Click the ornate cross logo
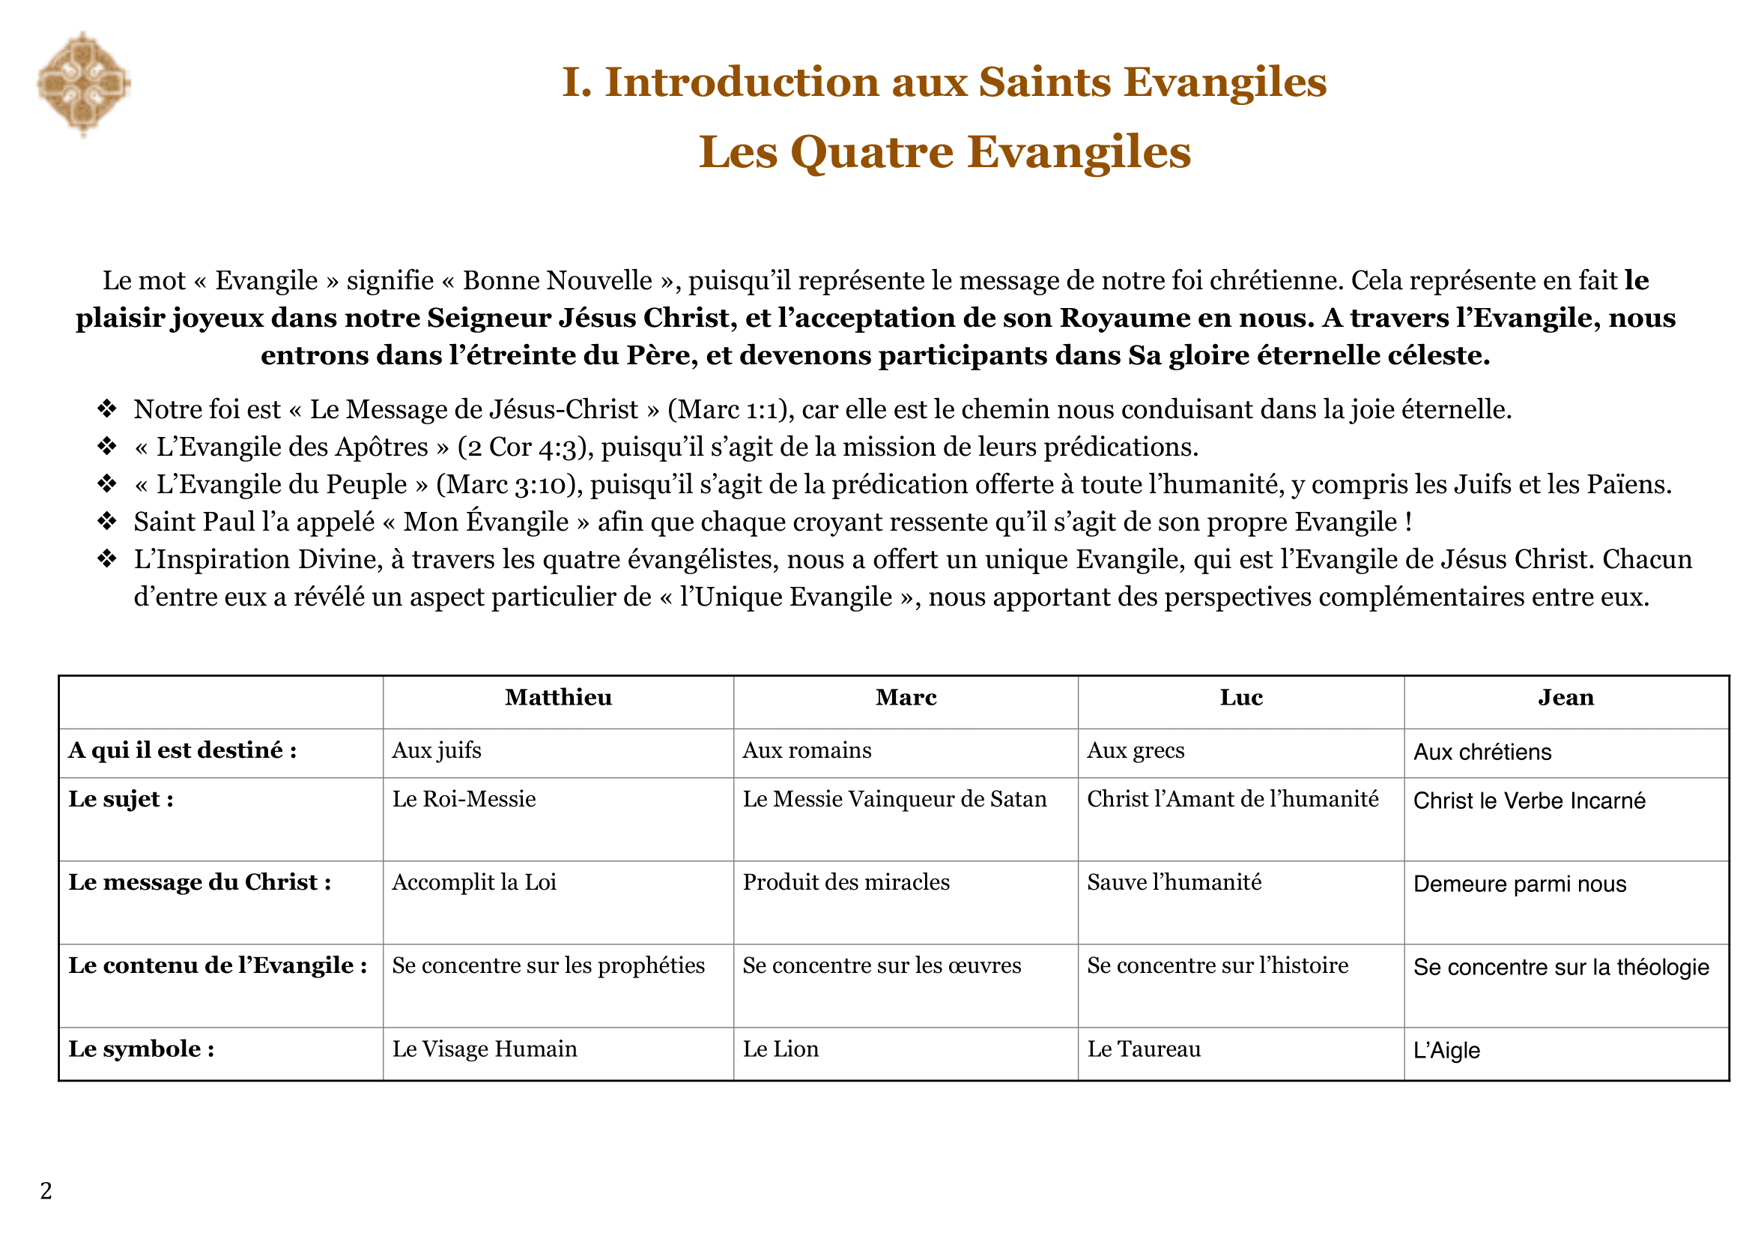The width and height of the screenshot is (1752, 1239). [84, 84]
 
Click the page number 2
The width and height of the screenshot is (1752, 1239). [46, 1191]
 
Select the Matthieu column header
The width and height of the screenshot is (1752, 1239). [558, 698]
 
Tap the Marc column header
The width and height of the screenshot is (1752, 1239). [906, 698]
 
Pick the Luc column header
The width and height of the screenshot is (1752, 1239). [1240, 698]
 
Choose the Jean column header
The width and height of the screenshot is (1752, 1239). [1565, 698]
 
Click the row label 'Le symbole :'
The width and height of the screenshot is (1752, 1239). [141, 1049]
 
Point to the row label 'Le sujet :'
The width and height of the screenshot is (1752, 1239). [121, 799]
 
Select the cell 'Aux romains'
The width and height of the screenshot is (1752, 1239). [807, 750]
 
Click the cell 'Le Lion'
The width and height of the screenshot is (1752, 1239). [780, 1049]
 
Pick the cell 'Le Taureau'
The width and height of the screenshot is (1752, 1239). [1143, 1049]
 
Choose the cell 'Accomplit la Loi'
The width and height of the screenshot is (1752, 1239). [474, 882]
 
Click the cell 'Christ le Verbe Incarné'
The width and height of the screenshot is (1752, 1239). [1529, 801]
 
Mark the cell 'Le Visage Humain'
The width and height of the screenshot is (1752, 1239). [485, 1049]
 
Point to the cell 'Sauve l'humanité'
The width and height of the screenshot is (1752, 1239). [1174, 882]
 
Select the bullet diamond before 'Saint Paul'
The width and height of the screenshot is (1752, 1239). [107, 522]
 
